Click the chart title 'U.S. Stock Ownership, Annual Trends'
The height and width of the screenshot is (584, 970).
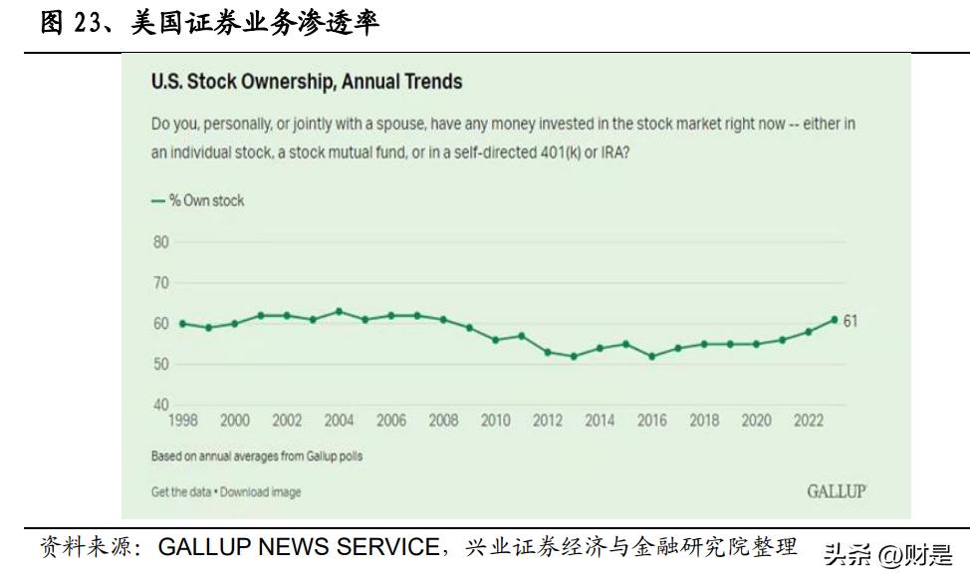coord(307,82)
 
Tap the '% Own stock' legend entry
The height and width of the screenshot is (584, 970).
coord(198,200)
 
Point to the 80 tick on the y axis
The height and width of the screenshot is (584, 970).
coord(160,242)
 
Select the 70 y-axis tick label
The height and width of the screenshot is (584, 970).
coord(160,283)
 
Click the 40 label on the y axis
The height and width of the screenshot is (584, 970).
coord(160,406)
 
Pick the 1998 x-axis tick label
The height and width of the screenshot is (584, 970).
coord(182,422)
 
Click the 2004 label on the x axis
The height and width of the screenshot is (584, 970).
coord(339,422)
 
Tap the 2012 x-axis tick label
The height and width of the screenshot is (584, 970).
coord(548,422)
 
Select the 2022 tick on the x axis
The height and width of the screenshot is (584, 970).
coord(809,422)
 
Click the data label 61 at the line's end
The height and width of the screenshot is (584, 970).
coord(850,321)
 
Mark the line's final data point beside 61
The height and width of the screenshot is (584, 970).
coord(834,320)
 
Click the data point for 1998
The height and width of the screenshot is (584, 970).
coord(182,324)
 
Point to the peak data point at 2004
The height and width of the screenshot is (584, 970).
coord(339,311)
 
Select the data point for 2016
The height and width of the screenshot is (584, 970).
coord(651,356)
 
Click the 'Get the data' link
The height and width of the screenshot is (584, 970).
coord(183,491)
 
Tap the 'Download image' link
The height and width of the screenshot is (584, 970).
coord(262,491)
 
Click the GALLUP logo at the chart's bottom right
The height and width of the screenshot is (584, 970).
coord(836,490)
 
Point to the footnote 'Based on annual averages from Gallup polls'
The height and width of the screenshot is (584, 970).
coord(257,456)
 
